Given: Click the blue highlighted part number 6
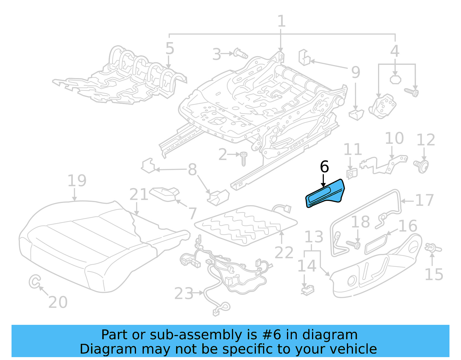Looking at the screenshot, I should (325, 193).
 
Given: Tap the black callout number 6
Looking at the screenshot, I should (324, 167).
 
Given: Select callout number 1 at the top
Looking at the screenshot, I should (281, 21).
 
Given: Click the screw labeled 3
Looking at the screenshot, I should (240, 53).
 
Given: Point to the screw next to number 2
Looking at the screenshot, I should (243, 159).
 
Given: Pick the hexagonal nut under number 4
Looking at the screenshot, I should (395, 79).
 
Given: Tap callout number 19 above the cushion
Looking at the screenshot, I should (77, 181).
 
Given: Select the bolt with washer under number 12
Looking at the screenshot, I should (422, 166).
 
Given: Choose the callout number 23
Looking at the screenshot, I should (184, 294).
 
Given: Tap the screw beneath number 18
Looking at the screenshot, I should (354, 244).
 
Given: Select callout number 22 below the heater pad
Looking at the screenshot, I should (284, 252).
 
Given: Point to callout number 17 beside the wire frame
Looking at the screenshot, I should (424, 200).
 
